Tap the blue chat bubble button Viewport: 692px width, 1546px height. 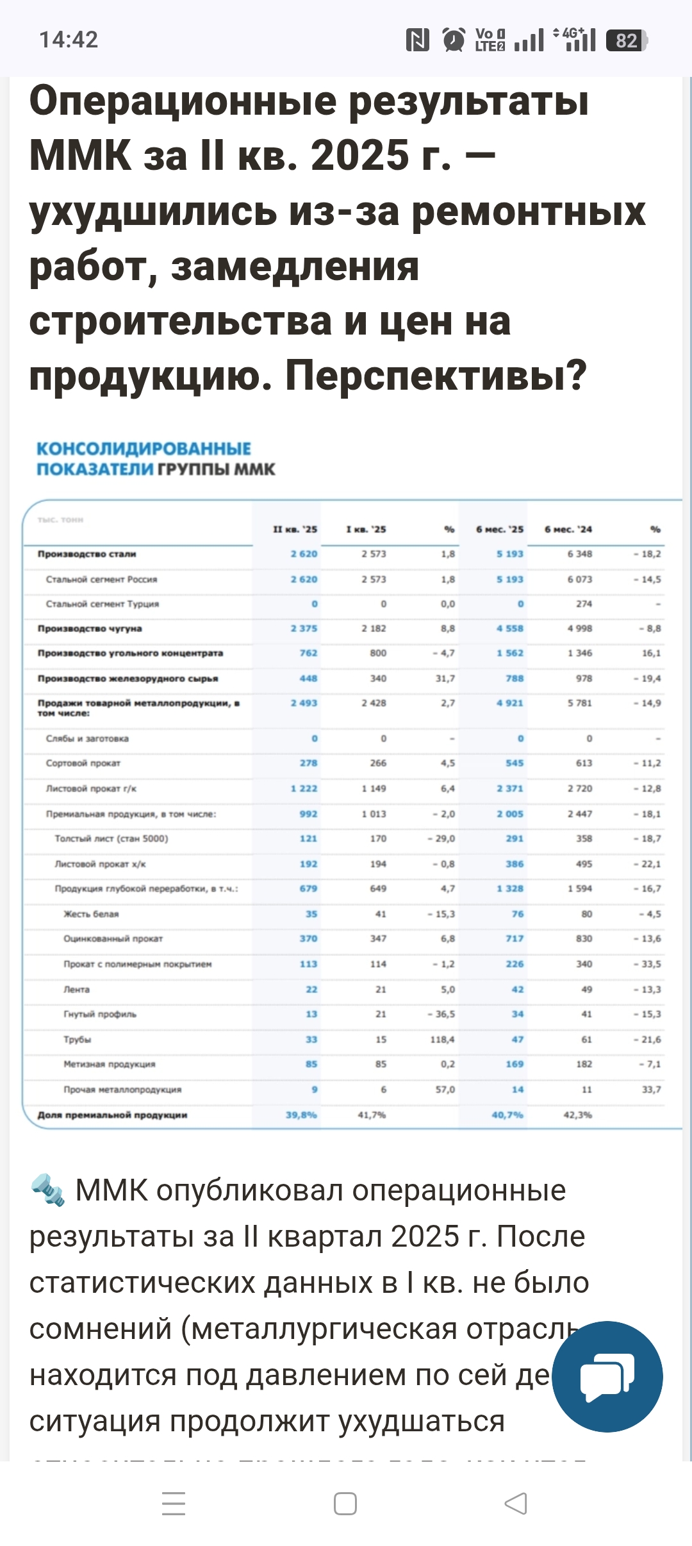click(x=607, y=1376)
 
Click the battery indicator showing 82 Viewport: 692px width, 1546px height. click(x=627, y=40)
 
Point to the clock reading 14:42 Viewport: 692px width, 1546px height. click(x=69, y=40)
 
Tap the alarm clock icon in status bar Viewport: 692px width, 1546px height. click(x=454, y=40)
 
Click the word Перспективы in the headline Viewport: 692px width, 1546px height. click(x=436, y=375)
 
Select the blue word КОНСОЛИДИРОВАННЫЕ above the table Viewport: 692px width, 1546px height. click(x=144, y=449)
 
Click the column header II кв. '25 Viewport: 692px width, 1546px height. click(x=295, y=529)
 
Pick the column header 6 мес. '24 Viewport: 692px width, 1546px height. click(x=568, y=529)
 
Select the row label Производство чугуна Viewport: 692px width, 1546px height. click(x=90, y=629)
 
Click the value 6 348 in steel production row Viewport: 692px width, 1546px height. click(x=579, y=554)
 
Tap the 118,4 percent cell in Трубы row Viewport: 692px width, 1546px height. click(x=442, y=1040)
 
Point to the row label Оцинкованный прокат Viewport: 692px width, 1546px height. click(x=113, y=939)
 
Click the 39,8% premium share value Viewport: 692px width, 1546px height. click(x=301, y=1115)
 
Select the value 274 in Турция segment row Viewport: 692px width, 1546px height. click(x=584, y=604)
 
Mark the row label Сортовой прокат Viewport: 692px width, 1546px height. click(x=83, y=763)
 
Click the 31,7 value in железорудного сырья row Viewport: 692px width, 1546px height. click(x=445, y=678)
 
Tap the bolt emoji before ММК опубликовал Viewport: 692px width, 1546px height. click(x=48, y=1190)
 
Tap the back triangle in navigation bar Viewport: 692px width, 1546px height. click(x=515, y=1503)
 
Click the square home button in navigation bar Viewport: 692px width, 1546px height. click(x=345, y=1503)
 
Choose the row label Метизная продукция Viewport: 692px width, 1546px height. click(x=109, y=1065)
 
